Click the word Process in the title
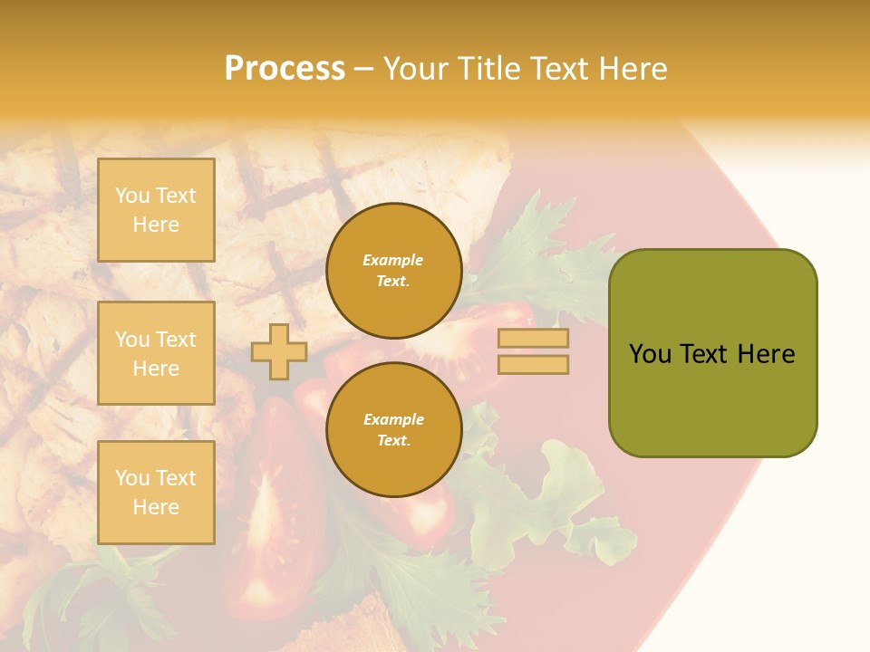pos(285,69)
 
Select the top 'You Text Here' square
pos(156,210)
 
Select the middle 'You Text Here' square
pos(156,353)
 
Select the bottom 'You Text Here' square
pos(156,492)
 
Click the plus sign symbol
pos(279,351)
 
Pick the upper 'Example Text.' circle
pos(393,271)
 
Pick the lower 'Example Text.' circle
pos(393,429)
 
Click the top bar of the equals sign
pos(533,339)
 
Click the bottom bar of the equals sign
pos(533,365)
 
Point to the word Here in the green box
pos(766,354)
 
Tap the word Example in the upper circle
pos(393,260)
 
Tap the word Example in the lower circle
pos(393,419)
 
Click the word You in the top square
pos(132,196)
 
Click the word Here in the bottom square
pos(156,507)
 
